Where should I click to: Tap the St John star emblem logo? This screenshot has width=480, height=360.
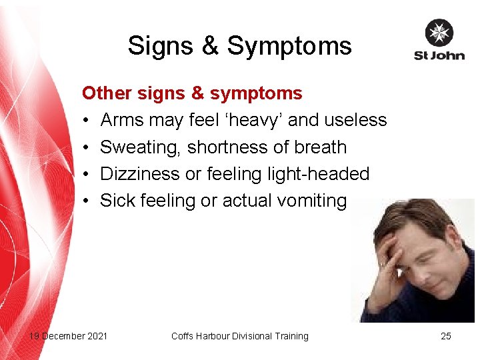tap(439, 33)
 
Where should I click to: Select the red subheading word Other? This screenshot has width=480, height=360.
tap(107, 93)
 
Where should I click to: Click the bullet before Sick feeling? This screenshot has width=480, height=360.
tap(87, 201)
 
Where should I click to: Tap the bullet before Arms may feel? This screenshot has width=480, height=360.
tap(87, 121)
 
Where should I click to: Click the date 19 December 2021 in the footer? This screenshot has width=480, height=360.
tap(68, 336)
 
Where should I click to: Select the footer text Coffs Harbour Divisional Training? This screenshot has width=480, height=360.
tap(240, 336)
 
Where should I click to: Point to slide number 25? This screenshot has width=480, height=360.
tap(446, 336)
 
